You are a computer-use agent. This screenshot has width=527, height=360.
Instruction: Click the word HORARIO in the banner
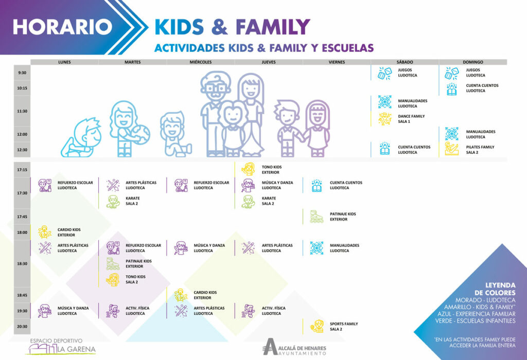click(62, 27)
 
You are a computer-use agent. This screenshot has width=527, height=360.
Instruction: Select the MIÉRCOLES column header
click(201, 62)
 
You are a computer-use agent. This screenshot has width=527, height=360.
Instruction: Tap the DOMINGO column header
click(473, 62)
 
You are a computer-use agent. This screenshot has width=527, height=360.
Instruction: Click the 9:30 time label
click(22, 73)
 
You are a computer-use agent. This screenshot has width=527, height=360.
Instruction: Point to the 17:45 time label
click(22, 217)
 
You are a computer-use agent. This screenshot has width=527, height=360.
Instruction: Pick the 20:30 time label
click(22, 327)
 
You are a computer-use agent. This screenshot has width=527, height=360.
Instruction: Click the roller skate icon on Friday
click(317, 217)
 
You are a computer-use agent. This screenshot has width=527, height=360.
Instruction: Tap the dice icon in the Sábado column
click(385, 73)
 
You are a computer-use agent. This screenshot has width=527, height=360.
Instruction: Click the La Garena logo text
click(76, 349)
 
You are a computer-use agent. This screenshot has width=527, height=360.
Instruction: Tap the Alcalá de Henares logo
click(294, 347)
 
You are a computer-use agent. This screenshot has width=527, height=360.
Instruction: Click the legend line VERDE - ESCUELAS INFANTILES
click(475, 321)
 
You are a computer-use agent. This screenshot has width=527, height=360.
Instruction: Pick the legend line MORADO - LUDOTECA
click(485, 300)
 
